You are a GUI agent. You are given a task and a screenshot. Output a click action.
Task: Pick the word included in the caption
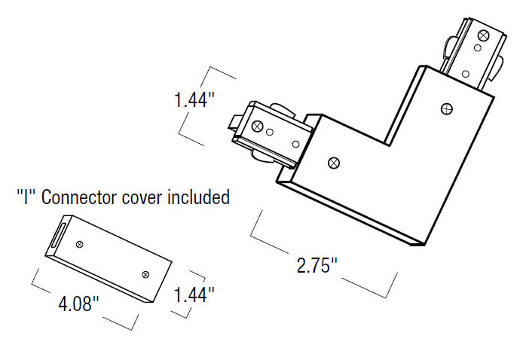[197, 198]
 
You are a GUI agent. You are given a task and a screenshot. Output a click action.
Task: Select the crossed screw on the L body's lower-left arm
[333, 161]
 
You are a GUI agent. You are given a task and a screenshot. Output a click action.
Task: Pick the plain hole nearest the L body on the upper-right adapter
[465, 73]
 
